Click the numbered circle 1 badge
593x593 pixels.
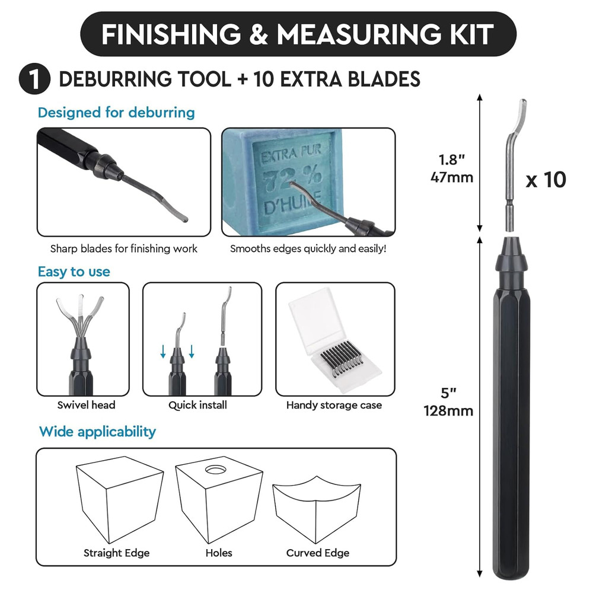pos(34,79)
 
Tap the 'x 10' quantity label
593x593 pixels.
pos(546,180)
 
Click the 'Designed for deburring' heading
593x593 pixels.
pos(116,112)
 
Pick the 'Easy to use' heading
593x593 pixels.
pos(74,272)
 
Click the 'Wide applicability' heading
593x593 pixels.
pos(97,431)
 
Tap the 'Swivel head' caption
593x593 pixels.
pos(87,406)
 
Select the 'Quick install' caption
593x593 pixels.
pos(197,406)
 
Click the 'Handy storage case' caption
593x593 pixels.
pos(334,406)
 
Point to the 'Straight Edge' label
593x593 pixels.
pos(116,553)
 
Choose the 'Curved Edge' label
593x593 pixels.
pos(317,553)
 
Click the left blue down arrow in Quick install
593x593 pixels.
pos(163,354)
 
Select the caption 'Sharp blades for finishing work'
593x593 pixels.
pos(123,248)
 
